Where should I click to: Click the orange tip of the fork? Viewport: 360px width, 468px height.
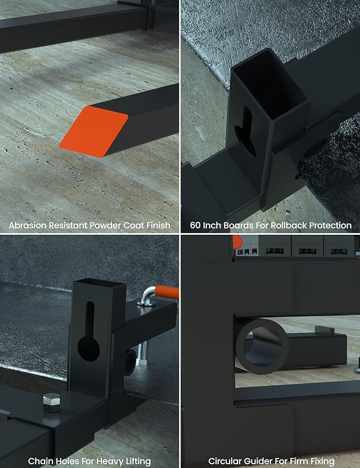pos(94,132)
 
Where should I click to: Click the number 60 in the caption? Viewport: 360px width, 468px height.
pos(195,225)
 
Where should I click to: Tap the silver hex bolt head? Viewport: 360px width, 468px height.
pos(52,403)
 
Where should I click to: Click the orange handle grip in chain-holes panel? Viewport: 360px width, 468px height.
pos(167,292)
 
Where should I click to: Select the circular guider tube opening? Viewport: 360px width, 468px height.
pos(263,347)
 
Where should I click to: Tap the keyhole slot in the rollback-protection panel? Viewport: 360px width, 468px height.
pos(246,132)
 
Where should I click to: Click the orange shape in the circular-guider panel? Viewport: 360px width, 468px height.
pos(236,242)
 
